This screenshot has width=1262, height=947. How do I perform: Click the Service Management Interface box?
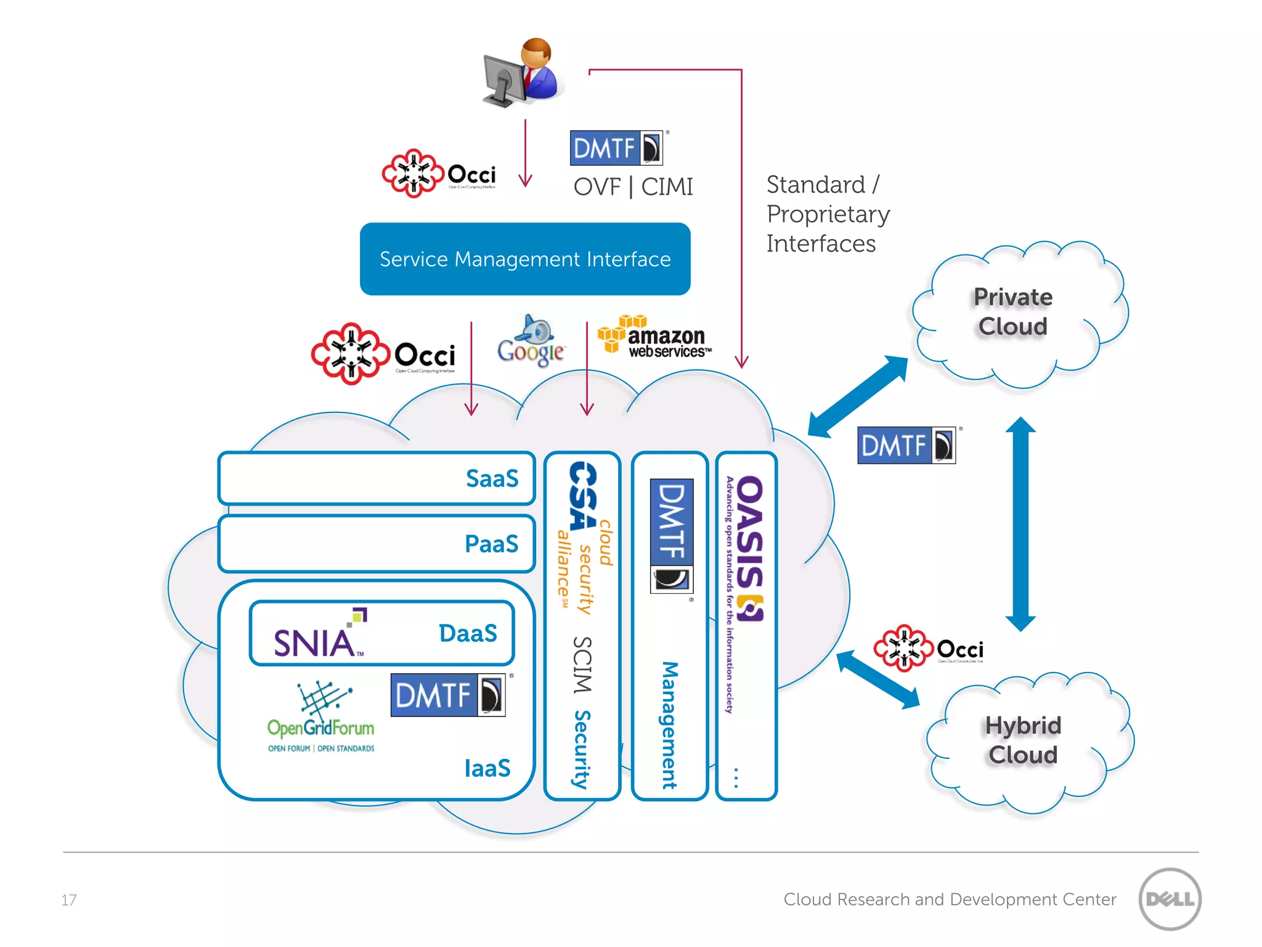tap(525, 259)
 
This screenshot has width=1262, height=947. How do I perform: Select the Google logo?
tap(531, 343)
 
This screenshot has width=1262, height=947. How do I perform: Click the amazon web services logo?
tap(655, 337)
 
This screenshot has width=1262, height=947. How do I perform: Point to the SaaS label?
tap(492, 478)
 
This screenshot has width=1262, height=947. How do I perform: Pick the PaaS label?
tap(491, 544)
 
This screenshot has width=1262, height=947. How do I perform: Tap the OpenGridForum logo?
tap(320, 718)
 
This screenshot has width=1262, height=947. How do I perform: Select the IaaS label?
tap(487, 768)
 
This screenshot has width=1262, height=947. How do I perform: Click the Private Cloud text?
tap(1013, 311)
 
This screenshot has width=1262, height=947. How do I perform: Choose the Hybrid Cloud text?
tap(1023, 740)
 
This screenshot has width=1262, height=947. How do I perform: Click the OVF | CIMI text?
tap(633, 187)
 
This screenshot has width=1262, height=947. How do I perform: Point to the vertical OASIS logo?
tap(748, 549)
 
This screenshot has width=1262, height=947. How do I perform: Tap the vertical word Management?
tap(670, 724)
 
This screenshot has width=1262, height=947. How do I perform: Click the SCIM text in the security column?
tap(582, 665)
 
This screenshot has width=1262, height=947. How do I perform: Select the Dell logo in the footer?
tap(1170, 899)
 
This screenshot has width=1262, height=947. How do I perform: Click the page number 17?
tap(69, 900)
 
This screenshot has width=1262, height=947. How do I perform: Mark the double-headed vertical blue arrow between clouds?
tap(1020, 524)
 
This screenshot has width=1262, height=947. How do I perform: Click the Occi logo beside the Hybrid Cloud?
tap(928, 649)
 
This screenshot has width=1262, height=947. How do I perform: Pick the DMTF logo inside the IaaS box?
tap(448, 695)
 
